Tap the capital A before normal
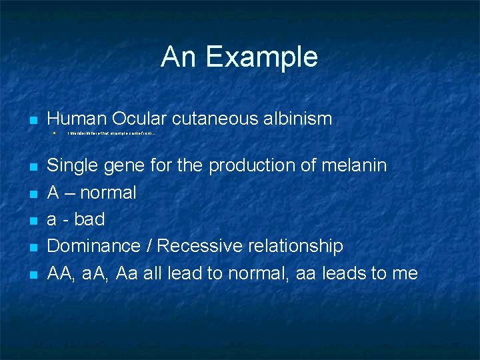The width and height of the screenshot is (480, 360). (53, 193)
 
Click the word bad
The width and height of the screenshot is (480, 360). (89, 219)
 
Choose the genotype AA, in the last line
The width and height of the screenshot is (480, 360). (61, 273)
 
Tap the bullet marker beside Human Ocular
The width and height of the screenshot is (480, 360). (31, 121)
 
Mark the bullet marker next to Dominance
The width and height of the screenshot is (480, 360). (31, 247)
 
